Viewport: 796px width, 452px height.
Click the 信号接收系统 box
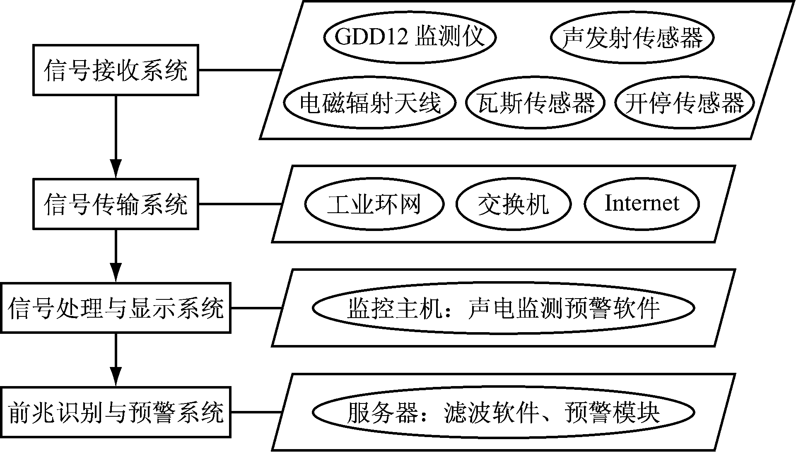tap(116, 70)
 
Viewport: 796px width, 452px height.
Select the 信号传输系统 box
tap(116, 204)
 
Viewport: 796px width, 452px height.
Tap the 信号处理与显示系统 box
tap(116, 308)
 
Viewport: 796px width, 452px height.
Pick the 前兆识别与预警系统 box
tap(116, 412)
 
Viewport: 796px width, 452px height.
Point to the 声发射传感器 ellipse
tap(632, 38)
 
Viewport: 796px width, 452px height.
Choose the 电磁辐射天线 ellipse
tap(370, 102)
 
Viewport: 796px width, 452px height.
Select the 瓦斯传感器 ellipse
tap(535, 102)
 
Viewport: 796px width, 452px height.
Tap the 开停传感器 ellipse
tap(684, 102)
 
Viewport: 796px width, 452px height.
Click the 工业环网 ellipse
tap(374, 204)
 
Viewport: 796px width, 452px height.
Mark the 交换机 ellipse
tap(514, 204)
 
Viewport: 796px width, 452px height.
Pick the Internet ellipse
tap(642, 204)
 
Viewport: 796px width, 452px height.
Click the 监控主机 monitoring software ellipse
tap(503, 308)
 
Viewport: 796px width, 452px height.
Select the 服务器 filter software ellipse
tap(503, 412)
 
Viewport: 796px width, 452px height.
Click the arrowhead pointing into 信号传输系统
tap(116, 170)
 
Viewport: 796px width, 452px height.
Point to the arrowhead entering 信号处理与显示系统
tap(116, 274)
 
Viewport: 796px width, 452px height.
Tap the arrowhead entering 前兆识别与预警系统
tap(116, 378)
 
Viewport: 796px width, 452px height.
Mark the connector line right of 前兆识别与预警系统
tap(256, 412)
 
